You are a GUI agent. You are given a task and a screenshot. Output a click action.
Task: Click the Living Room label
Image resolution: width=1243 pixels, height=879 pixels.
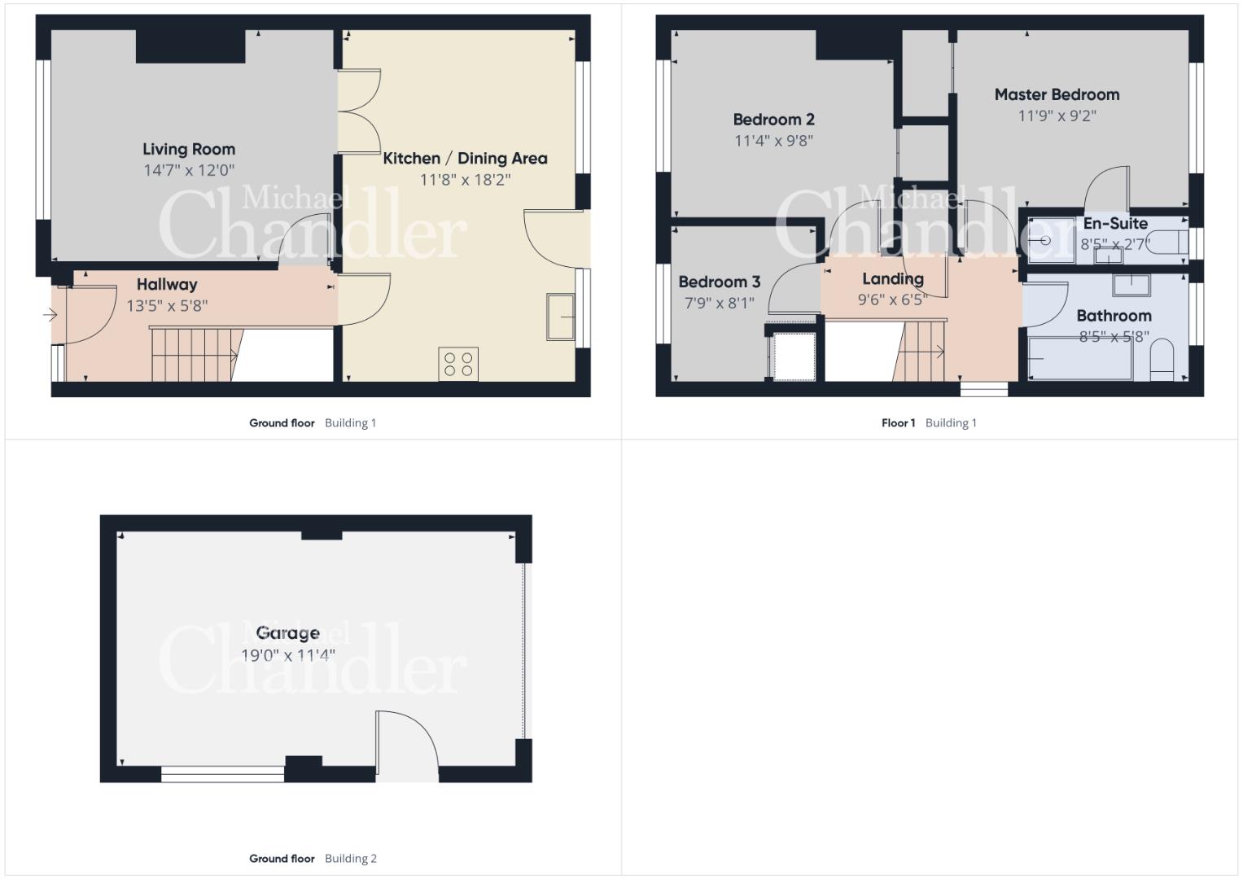(189, 149)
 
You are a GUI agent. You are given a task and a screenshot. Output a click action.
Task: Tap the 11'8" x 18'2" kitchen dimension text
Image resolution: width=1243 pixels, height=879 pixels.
(465, 180)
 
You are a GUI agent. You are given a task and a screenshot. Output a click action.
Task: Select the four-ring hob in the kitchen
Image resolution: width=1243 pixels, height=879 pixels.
(458, 364)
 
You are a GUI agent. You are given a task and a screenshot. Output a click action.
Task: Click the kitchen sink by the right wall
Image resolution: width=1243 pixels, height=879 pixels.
(561, 317)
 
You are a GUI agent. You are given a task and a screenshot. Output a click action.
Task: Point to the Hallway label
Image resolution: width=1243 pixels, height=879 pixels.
(167, 284)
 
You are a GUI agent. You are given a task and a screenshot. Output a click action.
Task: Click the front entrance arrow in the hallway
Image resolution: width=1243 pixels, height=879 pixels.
(50, 315)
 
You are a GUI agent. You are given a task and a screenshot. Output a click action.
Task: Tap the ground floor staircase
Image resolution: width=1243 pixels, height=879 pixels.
(195, 355)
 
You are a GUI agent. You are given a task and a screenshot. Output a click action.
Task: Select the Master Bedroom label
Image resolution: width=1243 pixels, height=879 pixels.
(1057, 94)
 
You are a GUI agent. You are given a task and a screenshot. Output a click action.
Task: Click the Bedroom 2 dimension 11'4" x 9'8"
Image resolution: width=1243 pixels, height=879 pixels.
(773, 141)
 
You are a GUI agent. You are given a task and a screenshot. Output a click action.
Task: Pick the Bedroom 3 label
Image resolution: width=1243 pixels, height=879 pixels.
(719, 282)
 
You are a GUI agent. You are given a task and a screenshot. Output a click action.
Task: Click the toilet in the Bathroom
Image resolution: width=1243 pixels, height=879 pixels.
(1162, 360)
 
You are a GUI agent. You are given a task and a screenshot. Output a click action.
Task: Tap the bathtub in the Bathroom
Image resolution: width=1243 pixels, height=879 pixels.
(1080, 358)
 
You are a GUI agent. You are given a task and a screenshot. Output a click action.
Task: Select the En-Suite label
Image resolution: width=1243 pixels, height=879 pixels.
(1115, 224)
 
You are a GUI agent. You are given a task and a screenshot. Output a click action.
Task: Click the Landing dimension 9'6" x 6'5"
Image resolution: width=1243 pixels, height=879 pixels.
(892, 300)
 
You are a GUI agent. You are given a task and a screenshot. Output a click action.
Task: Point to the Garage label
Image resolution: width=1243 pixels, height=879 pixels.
(287, 632)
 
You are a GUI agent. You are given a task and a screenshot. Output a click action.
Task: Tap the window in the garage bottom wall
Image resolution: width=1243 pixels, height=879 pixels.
(222, 774)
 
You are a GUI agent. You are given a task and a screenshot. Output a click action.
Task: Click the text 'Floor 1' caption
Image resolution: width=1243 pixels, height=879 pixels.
(898, 423)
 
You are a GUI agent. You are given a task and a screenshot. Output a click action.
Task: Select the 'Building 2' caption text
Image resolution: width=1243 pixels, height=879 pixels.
(351, 859)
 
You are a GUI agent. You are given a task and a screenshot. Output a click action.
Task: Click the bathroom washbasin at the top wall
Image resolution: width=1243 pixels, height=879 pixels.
(1131, 285)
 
